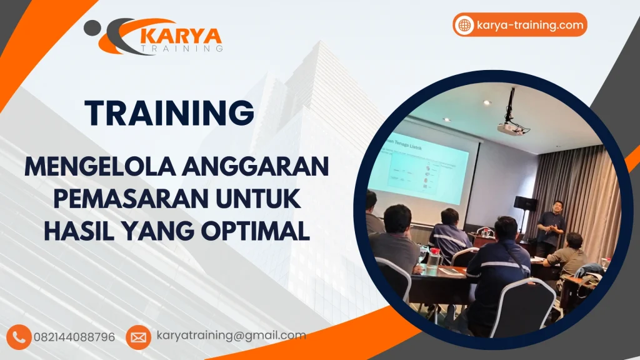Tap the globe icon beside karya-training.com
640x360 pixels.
(x=464, y=26)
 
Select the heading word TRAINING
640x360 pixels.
(x=170, y=113)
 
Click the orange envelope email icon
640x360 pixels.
(x=138, y=337)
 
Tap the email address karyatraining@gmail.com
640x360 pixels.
(x=231, y=336)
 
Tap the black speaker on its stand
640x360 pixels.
(x=525, y=203)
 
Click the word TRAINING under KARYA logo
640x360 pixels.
(x=182, y=48)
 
